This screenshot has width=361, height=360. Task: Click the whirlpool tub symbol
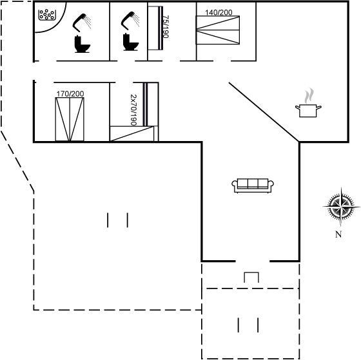pyautogui.click(x=47, y=15)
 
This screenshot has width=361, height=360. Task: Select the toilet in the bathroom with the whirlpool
pyautogui.click(x=82, y=44)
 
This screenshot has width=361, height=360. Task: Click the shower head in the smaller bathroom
pyautogui.click(x=130, y=20)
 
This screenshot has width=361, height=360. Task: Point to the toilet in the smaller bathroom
pyautogui.click(x=130, y=42)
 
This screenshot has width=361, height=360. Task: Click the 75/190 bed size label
pyautogui.click(x=166, y=26)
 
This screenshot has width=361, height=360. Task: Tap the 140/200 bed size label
pyautogui.click(x=219, y=12)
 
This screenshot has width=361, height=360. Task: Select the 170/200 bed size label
pyautogui.click(x=70, y=94)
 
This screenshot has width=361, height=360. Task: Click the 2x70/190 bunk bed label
pyautogui.click(x=133, y=110)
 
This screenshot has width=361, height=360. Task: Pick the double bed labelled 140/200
pyautogui.click(x=218, y=30)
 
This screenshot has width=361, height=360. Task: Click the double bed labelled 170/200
pyautogui.click(x=70, y=119)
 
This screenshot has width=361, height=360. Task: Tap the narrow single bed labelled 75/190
pyautogui.click(x=155, y=28)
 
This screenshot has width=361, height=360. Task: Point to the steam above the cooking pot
pyautogui.click(x=309, y=95)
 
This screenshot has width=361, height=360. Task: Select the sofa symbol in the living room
pyautogui.click(x=253, y=185)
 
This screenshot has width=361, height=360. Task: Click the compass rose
pyautogui.click(x=341, y=207)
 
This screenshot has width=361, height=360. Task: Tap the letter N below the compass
pyautogui.click(x=338, y=234)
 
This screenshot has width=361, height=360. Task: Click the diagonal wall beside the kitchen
pyautogui.click(x=264, y=112)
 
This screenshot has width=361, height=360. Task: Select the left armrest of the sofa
pyautogui.click(x=235, y=185)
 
